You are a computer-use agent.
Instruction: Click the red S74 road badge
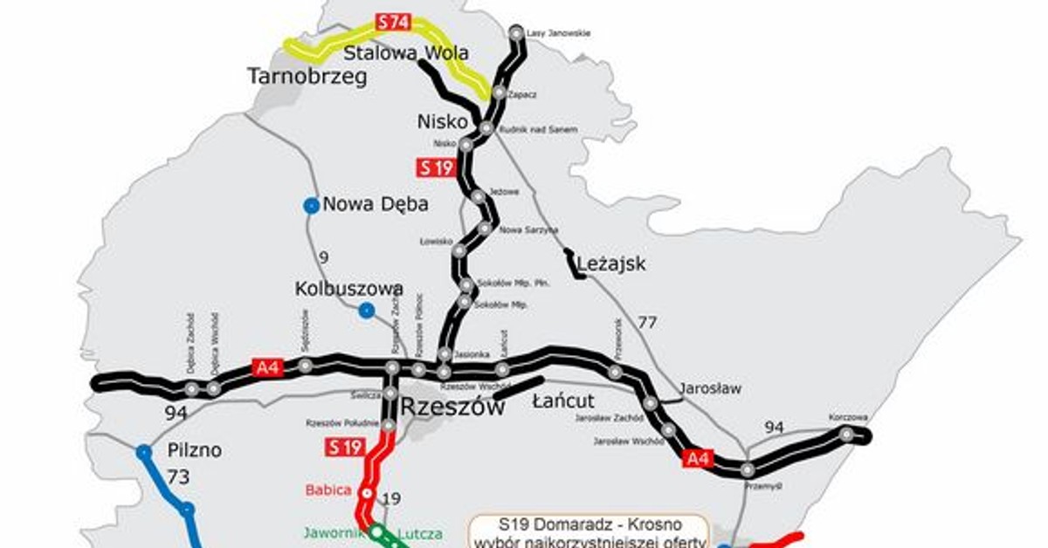392,23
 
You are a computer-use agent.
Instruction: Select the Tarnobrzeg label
307,77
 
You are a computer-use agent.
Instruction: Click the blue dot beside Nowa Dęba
310,206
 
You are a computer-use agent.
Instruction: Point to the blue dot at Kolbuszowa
367,310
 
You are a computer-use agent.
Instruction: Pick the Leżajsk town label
611,263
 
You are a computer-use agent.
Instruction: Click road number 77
647,323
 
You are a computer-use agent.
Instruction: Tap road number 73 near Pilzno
179,476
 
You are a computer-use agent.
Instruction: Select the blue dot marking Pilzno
144,452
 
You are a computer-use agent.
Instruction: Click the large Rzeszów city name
452,408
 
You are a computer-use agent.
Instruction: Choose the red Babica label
328,490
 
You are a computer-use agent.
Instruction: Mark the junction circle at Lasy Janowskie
516,34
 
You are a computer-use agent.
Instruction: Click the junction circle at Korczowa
845,434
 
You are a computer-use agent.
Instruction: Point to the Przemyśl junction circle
748,469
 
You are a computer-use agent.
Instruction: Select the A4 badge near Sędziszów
265,367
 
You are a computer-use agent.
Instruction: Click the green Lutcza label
419,534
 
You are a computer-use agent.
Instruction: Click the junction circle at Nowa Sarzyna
485,229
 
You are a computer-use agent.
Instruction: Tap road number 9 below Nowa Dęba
323,257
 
